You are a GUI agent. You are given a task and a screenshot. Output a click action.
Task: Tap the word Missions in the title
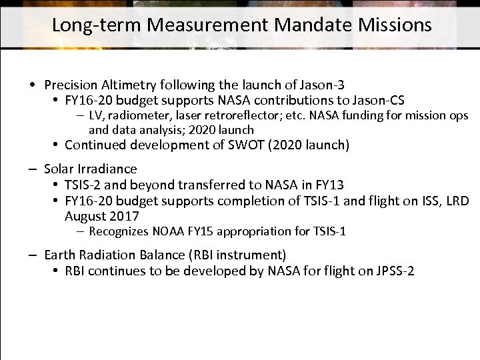(395, 25)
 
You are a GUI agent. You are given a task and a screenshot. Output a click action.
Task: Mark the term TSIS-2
(83, 185)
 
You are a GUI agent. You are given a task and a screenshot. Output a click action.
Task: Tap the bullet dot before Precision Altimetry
(32, 85)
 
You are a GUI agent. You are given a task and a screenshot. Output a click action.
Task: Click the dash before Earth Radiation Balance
(32, 255)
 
